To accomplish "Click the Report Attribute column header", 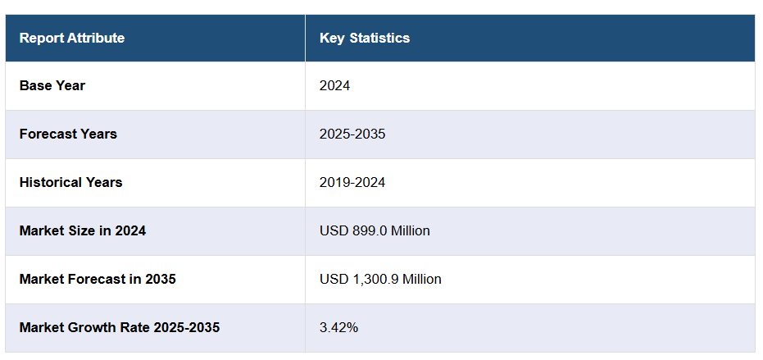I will [x=72, y=38].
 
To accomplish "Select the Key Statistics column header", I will [x=365, y=38].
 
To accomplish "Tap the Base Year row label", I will [x=52, y=85].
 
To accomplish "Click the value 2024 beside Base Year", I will [x=334, y=85].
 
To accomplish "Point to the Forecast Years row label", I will [x=68, y=134].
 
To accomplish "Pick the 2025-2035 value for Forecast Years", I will [x=352, y=134].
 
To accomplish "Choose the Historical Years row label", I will [x=70, y=182].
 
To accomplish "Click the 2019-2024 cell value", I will [x=352, y=182].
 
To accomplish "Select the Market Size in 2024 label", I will [x=83, y=230].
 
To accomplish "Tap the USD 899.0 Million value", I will [x=375, y=230].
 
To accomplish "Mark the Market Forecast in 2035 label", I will [x=98, y=279].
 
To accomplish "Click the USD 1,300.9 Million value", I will [x=380, y=279].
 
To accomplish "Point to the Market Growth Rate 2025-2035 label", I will [x=120, y=327].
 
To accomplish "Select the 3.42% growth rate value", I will [x=338, y=327].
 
